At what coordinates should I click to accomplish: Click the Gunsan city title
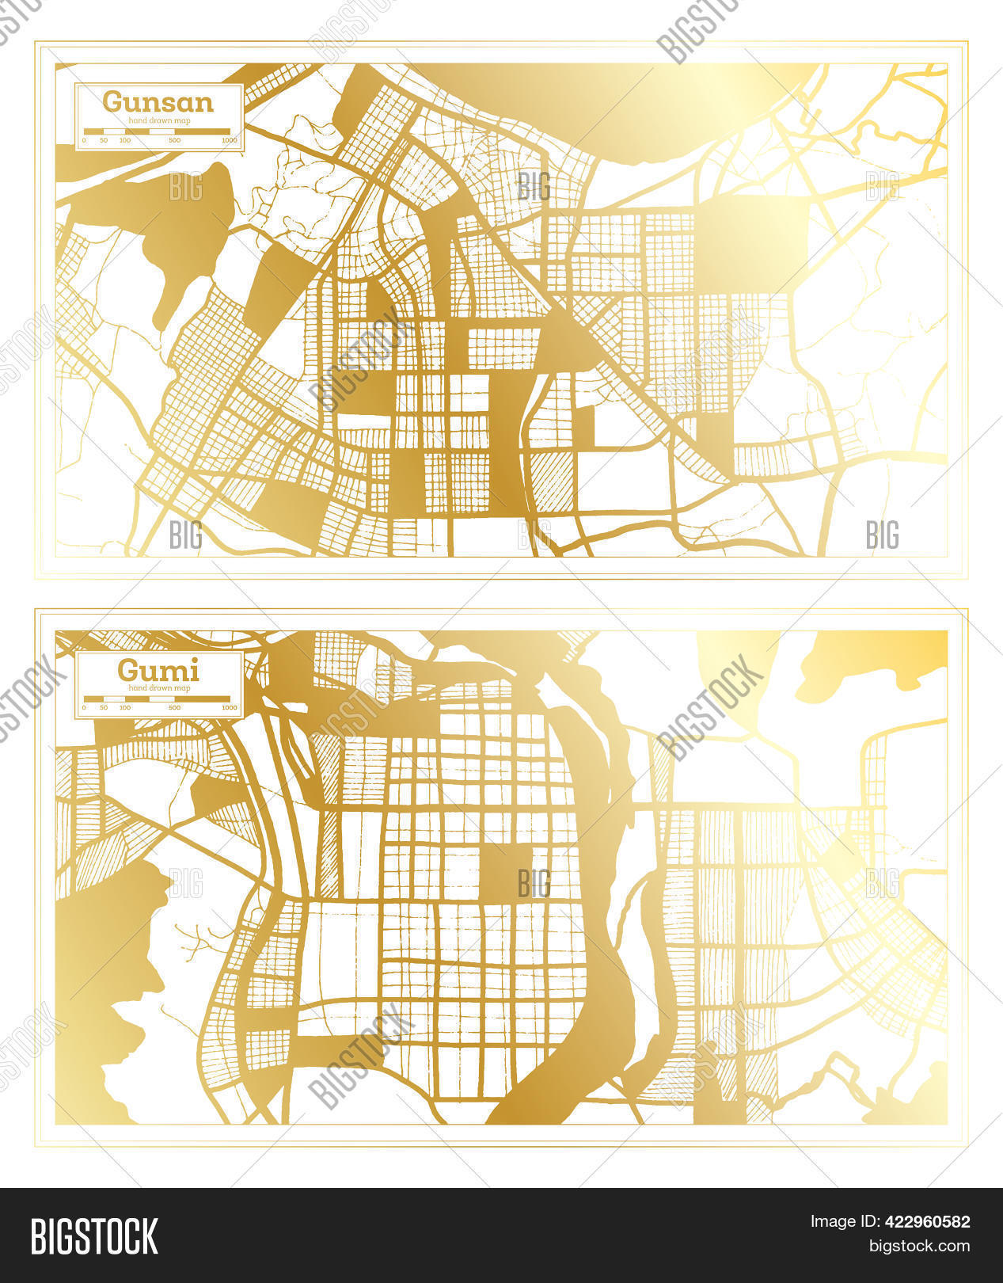point(158,102)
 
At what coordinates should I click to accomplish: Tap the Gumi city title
point(158,671)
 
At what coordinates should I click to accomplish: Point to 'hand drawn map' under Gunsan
point(158,119)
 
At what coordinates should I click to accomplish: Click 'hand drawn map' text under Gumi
point(158,687)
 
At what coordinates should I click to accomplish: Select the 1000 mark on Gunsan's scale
point(230,140)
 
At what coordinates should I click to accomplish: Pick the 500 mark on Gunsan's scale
point(174,140)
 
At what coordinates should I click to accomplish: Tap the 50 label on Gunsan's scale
point(104,140)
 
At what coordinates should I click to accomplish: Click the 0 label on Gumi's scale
point(84,707)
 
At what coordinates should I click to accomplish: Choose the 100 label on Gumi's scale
point(124,707)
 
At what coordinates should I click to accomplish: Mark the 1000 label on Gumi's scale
point(230,707)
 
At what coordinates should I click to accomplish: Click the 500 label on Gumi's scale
point(174,707)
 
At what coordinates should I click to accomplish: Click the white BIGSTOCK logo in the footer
point(94,1235)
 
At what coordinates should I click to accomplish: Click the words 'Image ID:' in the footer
point(838,1222)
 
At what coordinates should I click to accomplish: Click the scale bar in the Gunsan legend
point(158,131)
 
